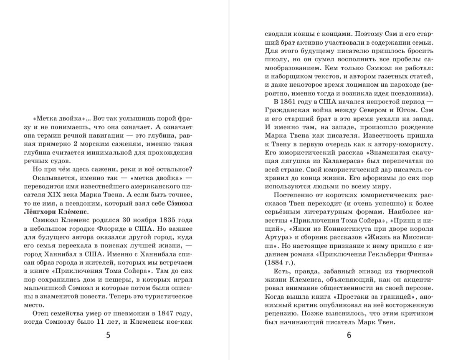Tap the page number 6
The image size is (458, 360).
[x=349, y=335]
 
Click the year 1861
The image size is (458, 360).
[x=294, y=102]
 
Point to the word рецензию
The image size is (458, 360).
[x=282, y=313]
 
